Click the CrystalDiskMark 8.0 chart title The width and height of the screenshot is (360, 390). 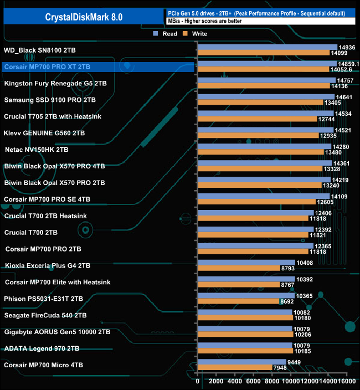pyautogui.click(x=84, y=17)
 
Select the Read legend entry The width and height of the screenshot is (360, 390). pyautogui.click(x=166, y=34)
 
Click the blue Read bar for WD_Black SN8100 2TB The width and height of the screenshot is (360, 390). pyautogui.click(x=267, y=48)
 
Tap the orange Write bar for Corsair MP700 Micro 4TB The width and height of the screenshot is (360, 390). pyautogui.click(x=234, y=367)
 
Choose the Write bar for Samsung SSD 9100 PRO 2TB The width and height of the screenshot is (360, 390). pyautogui.click(x=260, y=103)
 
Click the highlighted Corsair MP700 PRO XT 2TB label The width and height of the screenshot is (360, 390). pyautogui.click(x=47, y=67)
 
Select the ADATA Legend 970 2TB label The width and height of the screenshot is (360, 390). pyautogui.click(x=41, y=349)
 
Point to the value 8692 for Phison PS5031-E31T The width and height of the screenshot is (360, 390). pyautogui.click(x=287, y=302)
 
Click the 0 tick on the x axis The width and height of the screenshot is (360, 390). pyautogui.click(x=198, y=381)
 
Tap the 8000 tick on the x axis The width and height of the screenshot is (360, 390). pyautogui.click(x=272, y=381)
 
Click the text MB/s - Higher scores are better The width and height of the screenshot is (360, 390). pyautogui.click(x=204, y=21)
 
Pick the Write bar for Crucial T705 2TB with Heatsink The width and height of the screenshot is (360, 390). pyautogui.click(x=257, y=120)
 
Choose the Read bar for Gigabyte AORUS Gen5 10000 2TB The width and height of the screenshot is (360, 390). pyautogui.click(x=244, y=330)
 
